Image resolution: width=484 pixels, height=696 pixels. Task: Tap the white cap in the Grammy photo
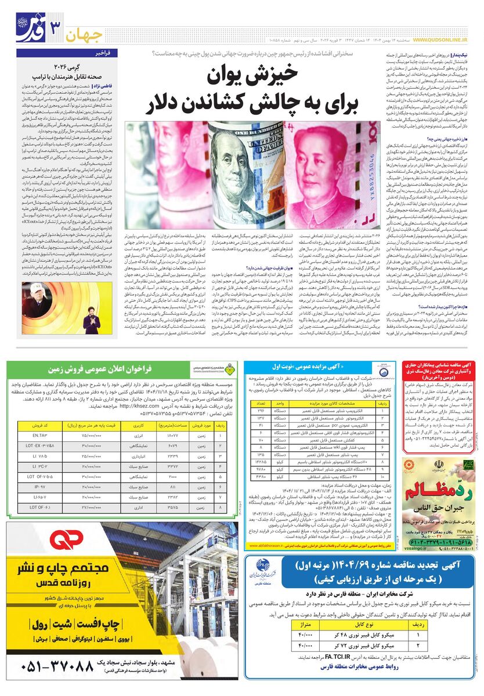pyautogui.click(x=35, y=302)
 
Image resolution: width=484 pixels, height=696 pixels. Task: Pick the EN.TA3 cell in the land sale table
pyautogui.click(x=40, y=434)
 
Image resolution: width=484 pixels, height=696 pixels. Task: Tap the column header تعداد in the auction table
pyautogui.click(x=261, y=403)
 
